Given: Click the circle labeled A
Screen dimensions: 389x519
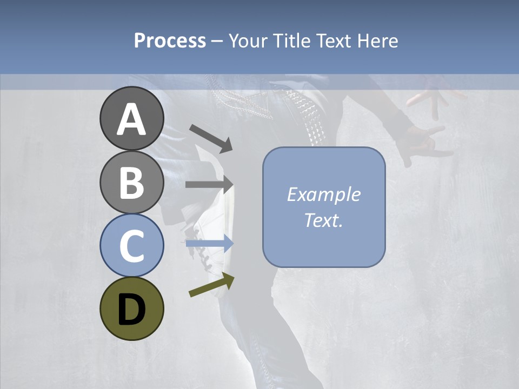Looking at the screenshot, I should (132, 119).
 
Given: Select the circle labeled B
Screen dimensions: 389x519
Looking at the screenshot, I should (132, 182).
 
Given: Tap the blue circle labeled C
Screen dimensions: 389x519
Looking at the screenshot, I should (132, 245).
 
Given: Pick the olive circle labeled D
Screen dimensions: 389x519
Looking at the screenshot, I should (132, 308).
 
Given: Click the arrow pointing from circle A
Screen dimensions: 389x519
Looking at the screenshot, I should (211, 138).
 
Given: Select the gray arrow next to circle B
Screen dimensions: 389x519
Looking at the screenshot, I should (209, 184).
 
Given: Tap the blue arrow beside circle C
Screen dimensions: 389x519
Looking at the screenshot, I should (209, 244).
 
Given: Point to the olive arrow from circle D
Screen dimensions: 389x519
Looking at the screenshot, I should (211, 285).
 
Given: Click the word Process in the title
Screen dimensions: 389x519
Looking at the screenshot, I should (170, 41).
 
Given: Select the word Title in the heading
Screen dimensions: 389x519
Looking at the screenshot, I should (292, 41).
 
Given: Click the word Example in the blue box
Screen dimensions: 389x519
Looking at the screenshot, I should (323, 194).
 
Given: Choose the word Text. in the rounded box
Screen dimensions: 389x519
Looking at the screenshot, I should (323, 220).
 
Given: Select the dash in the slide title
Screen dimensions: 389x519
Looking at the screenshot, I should (217, 41).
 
